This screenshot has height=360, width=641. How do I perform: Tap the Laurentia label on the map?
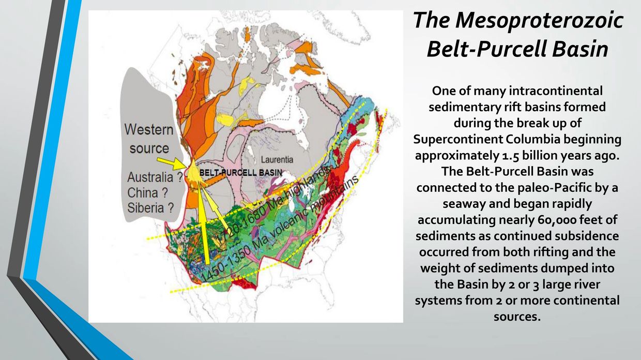(277, 160)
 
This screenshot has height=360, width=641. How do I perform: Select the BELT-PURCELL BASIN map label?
(240, 172)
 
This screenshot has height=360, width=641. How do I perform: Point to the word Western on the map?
(149, 129)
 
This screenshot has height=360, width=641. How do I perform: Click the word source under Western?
(149, 148)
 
